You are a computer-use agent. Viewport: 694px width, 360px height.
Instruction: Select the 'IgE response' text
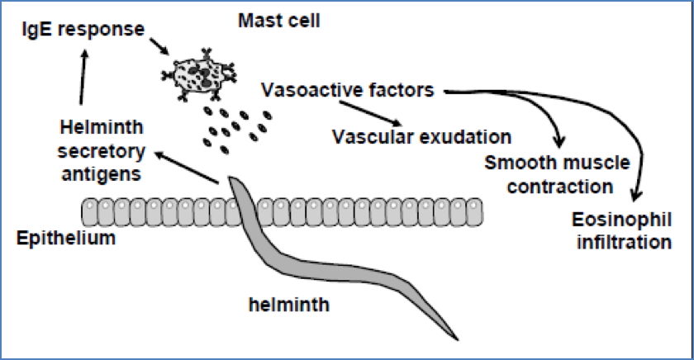tap(79, 31)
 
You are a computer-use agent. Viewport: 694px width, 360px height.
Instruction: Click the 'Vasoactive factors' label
tap(346, 89)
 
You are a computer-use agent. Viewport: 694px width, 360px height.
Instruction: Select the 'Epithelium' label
tap(64, 239)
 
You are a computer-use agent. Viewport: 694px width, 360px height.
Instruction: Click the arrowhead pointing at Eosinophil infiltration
tap(635, 197)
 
